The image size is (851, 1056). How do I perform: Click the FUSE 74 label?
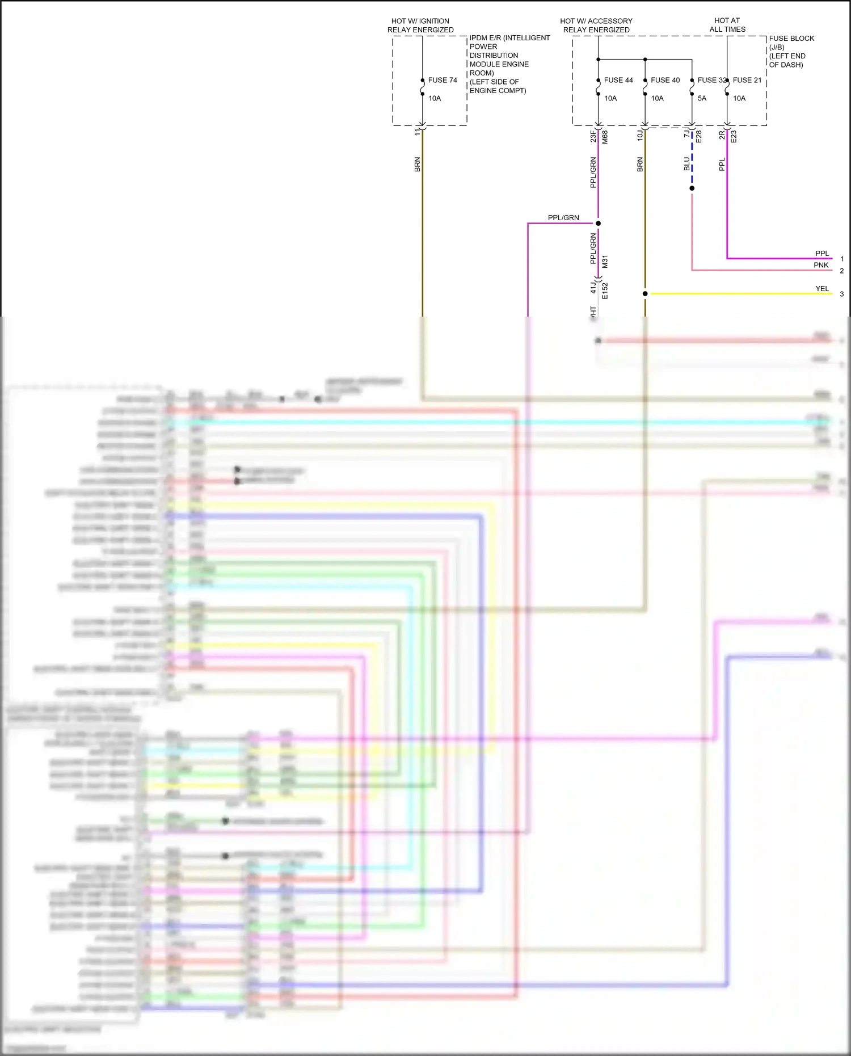click(x=443, y=80)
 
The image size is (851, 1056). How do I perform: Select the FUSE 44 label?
click(x=618, y=80)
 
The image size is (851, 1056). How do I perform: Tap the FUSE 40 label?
click(x=665, y=80)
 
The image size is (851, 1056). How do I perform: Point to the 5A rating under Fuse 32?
click(x=702, y=98)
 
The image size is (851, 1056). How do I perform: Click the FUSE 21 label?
click(x=747, y=80)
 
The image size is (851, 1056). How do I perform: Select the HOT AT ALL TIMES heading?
click(x=727, y=25)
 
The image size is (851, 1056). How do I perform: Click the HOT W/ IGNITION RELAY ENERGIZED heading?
click(x=420, y=26)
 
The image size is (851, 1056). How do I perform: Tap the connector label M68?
click(x=605, y=137)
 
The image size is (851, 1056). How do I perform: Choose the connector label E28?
click(x=698, y=136)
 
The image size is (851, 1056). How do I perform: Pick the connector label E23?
click(x=734, y=136)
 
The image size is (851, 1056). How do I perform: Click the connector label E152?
click(x=605, y=291)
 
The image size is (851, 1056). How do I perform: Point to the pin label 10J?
click(x=640, y=135)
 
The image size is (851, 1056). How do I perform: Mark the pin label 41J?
click(x=593, y=286)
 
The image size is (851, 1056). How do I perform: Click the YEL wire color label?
click(x=822, y=289)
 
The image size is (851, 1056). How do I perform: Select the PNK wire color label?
click(x=821, y=265)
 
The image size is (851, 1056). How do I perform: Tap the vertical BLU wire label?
click(x=687, y=164)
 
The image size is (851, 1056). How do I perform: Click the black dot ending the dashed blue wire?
click(x=692, y=188)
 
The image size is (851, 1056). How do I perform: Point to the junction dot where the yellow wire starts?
click(x=645, y=294)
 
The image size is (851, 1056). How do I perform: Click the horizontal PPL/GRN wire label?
click(x=563, y=218)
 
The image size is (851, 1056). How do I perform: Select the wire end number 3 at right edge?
click(x=842, y=294)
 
